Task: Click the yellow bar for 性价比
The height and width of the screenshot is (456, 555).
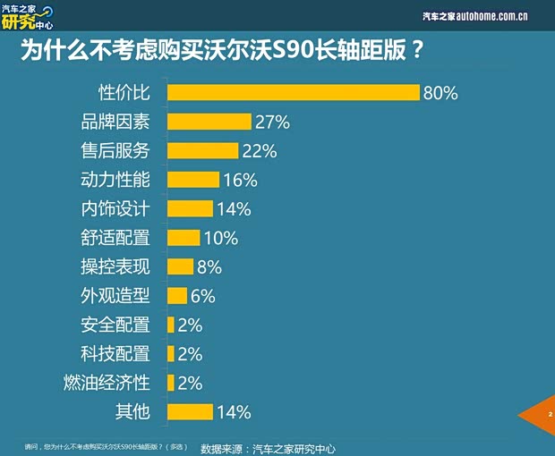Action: coord(294,92)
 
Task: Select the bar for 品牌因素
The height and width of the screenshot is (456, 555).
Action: coord(209,122)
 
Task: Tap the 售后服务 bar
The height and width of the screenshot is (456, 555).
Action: coord(202,150)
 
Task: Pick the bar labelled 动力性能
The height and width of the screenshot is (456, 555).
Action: coord(193,180)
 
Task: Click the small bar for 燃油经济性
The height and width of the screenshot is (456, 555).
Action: coord(171,383)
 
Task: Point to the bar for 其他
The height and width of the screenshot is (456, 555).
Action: coord(190,411)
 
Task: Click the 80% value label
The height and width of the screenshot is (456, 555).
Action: coord(440,92)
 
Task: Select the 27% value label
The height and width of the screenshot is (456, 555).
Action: coord(272,122)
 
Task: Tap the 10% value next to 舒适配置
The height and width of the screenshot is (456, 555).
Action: coord(220,238)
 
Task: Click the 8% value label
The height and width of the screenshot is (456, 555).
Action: coord(209,266)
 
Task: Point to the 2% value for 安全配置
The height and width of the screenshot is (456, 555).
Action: coord(190,325)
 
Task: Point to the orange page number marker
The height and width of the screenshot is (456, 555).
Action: coord(541,415)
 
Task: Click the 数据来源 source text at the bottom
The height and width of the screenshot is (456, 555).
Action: coord(268,448)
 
